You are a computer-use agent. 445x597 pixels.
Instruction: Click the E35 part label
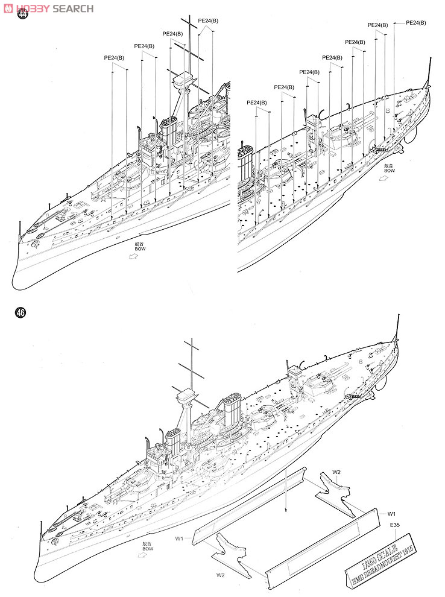point(394,525)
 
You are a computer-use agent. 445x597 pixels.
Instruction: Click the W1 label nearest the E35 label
point(391,513)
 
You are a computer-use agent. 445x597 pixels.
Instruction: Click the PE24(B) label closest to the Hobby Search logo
point(114,58)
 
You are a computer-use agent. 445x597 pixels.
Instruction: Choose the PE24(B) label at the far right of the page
point(415,22)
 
